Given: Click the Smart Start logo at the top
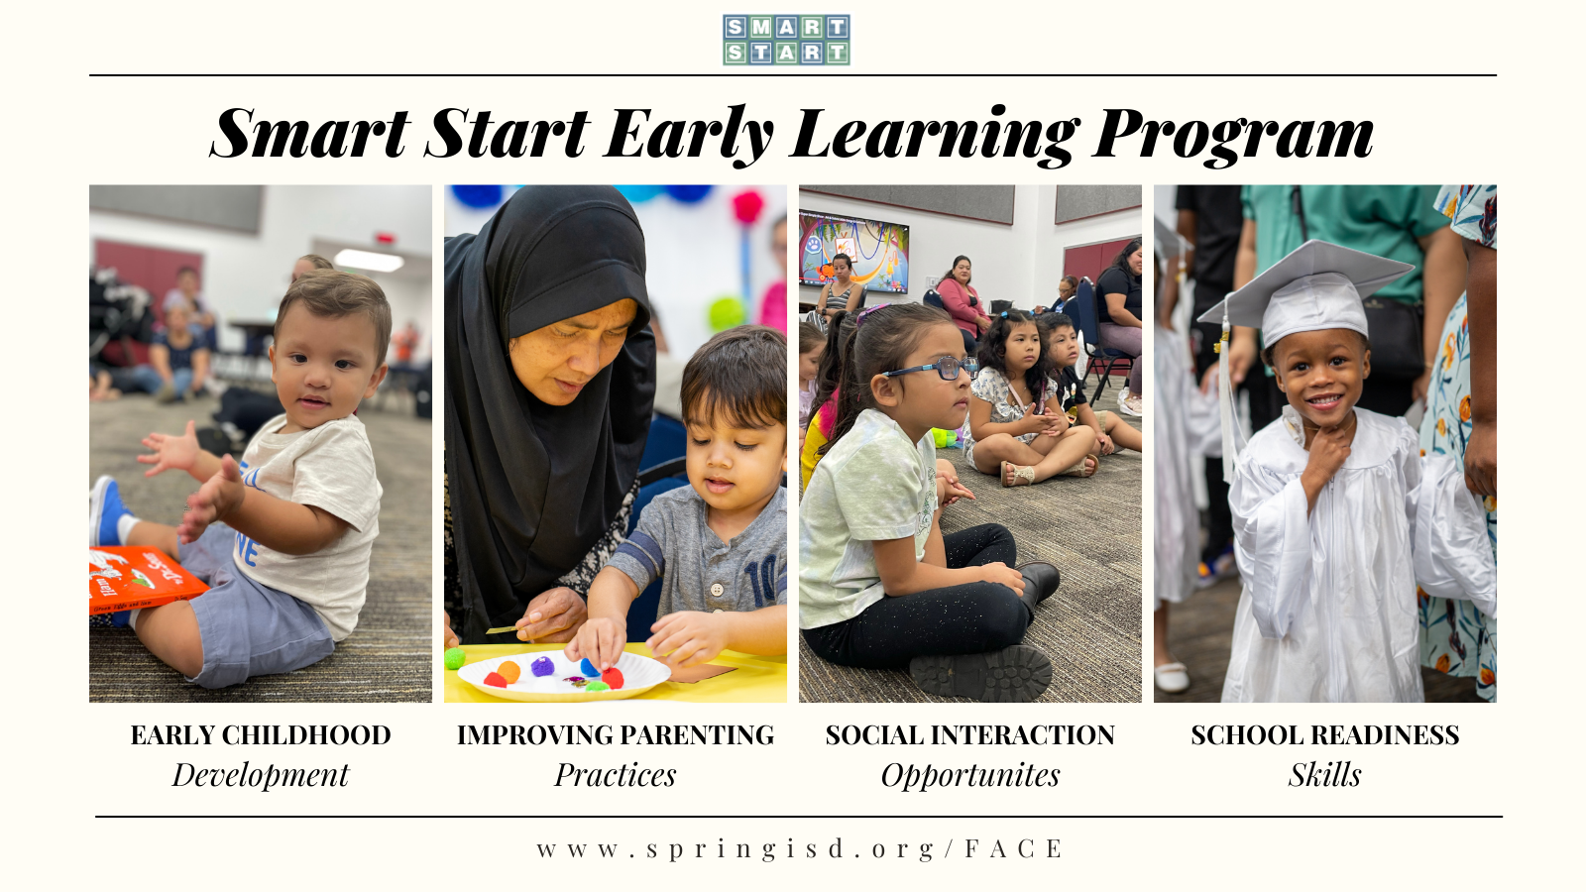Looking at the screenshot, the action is pos(786,40).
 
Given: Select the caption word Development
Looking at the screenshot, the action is pos(261,774).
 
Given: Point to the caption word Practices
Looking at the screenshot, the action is pos(616,774).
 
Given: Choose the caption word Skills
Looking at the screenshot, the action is pos(1324,774).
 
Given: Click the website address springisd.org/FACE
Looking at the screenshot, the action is pos(799,848).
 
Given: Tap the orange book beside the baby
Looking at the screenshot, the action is pos(145,579).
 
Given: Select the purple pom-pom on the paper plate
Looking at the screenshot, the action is pos(542,666).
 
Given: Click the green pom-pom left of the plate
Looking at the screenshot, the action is pos(455,658).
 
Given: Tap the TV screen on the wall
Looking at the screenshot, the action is pos(853,252).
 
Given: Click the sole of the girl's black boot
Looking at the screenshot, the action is pos(981,673).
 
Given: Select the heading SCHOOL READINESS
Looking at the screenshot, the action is pos(1324,735).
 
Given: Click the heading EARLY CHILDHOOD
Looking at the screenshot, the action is pos(261,735).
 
